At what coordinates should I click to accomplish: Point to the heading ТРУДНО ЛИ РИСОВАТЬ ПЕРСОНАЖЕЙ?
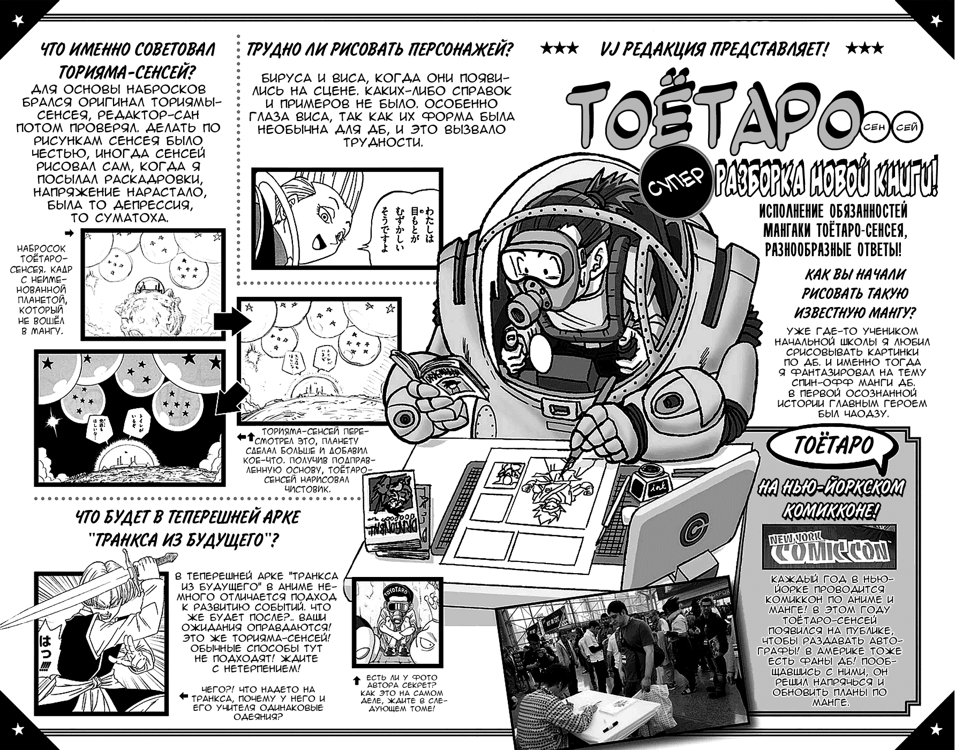coord(380,50)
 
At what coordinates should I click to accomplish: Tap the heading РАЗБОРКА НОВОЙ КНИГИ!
coord(825,185)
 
